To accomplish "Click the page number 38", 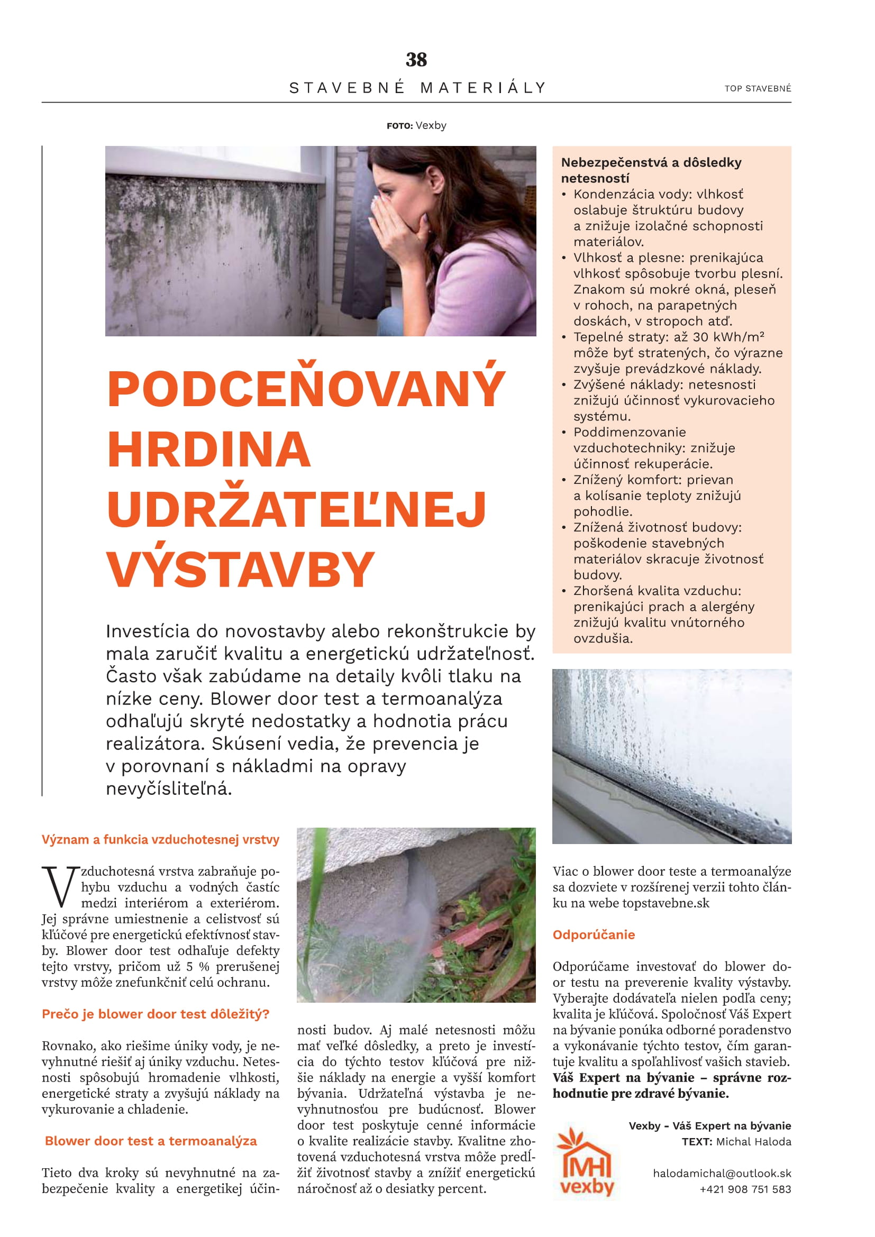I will click(416, 60).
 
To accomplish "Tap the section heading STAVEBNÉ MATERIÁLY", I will click(417, 88).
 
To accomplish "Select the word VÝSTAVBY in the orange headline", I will click(240, 570).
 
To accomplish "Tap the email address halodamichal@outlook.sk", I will click(722, 1174).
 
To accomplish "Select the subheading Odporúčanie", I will click(594, 934).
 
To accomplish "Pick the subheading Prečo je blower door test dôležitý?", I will click(156, 1014).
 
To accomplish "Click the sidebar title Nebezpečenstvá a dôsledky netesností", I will click(651, 170).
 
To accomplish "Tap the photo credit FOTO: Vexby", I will click(416, 125).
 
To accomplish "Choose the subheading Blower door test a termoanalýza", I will click(151, 1141).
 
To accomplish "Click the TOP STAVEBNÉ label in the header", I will click(758, 88).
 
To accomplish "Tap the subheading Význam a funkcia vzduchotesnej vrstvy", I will click(161, 839).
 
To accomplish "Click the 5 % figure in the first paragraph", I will click(197, 967).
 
